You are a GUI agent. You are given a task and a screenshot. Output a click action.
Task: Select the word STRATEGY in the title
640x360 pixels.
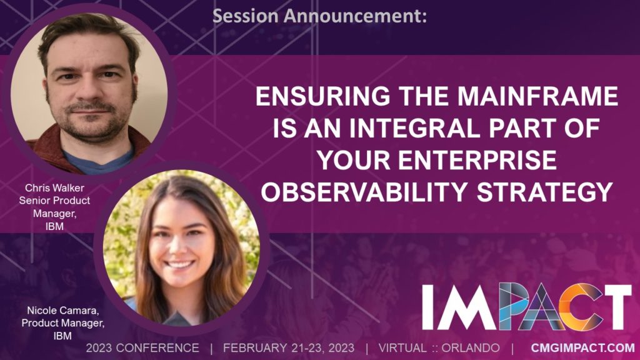click(x=545, y=191)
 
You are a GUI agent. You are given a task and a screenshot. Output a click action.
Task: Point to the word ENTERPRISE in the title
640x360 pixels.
click(x=477, y=159)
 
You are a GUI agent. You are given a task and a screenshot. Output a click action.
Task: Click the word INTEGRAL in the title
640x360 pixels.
click(x=415, y=128)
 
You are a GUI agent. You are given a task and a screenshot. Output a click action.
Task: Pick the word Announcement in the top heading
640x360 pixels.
click(x=355, y=16)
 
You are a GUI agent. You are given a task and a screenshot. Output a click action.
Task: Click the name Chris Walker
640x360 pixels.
click(x=54, y=187)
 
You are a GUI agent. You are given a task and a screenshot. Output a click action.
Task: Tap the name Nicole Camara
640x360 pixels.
click(x=63, y=311)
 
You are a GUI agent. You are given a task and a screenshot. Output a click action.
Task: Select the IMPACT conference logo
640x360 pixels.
click(x=526, y=306)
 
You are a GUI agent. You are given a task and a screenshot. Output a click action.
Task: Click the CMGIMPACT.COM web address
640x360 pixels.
click(x=583, y=347)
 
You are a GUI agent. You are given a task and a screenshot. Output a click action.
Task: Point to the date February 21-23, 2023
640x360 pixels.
click(x=289, y=347)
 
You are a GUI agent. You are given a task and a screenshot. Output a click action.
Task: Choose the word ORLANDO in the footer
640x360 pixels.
click(x=470, y=347)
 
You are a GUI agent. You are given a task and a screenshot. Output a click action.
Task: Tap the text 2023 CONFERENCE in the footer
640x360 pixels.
click(x=142, y=347)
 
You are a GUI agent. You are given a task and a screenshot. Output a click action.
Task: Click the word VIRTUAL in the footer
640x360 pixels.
click(x=402, y=347)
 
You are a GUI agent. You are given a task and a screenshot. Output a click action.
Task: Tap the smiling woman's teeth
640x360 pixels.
click(x=179, y=264)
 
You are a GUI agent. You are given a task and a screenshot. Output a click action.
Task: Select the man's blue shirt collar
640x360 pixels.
click(x=98, y=161)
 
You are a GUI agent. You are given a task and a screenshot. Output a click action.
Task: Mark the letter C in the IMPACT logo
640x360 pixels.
click(x=576, y=306)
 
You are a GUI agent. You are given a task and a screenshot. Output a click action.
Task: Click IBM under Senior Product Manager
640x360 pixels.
click(x=54, y=226)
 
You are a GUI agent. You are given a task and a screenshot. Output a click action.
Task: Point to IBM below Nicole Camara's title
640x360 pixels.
click(x=62, y=336)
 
